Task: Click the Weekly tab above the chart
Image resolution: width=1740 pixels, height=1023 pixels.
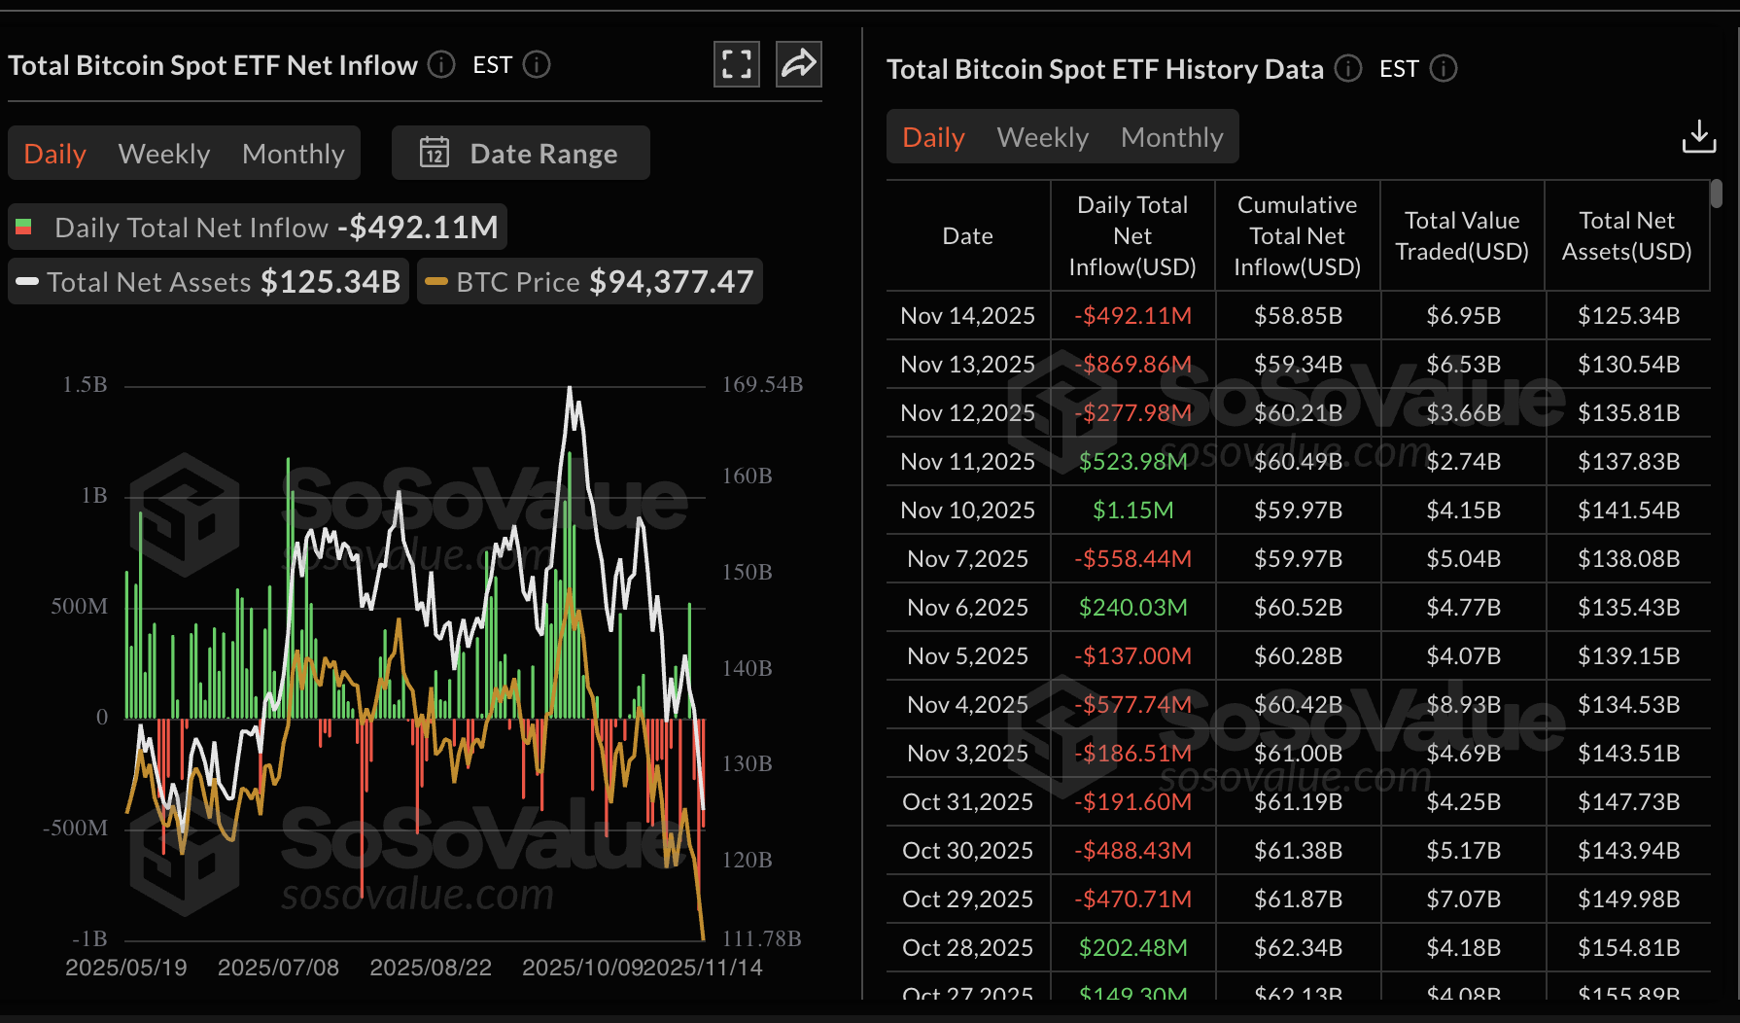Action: [163, 154]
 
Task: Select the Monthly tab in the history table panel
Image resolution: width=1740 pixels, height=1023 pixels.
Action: [1171, 137]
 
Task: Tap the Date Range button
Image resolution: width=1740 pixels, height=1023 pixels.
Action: [521, 154]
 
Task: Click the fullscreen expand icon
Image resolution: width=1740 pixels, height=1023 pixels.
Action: [736, 64]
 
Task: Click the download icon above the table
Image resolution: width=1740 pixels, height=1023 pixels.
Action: [1698, 137]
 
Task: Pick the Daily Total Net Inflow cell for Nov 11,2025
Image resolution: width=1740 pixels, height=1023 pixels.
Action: [1132, 461]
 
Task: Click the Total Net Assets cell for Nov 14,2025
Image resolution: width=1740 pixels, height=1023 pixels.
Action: [1628, 315]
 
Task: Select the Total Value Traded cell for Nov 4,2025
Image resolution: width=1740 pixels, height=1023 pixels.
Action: [1463, 704]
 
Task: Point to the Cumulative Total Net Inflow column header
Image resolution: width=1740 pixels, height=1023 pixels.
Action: [1297, 235]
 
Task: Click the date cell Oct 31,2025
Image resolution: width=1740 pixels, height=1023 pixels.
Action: [967, 801]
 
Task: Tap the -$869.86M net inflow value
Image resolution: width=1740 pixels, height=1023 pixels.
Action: [1132, 364]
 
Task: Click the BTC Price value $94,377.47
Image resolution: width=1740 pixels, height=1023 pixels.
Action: [671, 282]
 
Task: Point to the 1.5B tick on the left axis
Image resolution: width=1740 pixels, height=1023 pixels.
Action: [86, 384]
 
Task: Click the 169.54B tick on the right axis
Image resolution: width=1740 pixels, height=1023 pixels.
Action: [762, 384]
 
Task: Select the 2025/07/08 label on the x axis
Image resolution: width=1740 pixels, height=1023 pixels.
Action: [278, 968]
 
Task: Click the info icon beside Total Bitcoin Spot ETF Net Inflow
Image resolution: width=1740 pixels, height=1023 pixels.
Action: [441, 64]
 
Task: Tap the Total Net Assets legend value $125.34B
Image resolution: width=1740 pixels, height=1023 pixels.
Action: [331, 282]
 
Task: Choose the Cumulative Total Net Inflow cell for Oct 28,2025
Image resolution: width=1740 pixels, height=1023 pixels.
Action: [1298, 947]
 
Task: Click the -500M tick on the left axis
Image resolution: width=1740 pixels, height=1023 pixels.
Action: [75, 828]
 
